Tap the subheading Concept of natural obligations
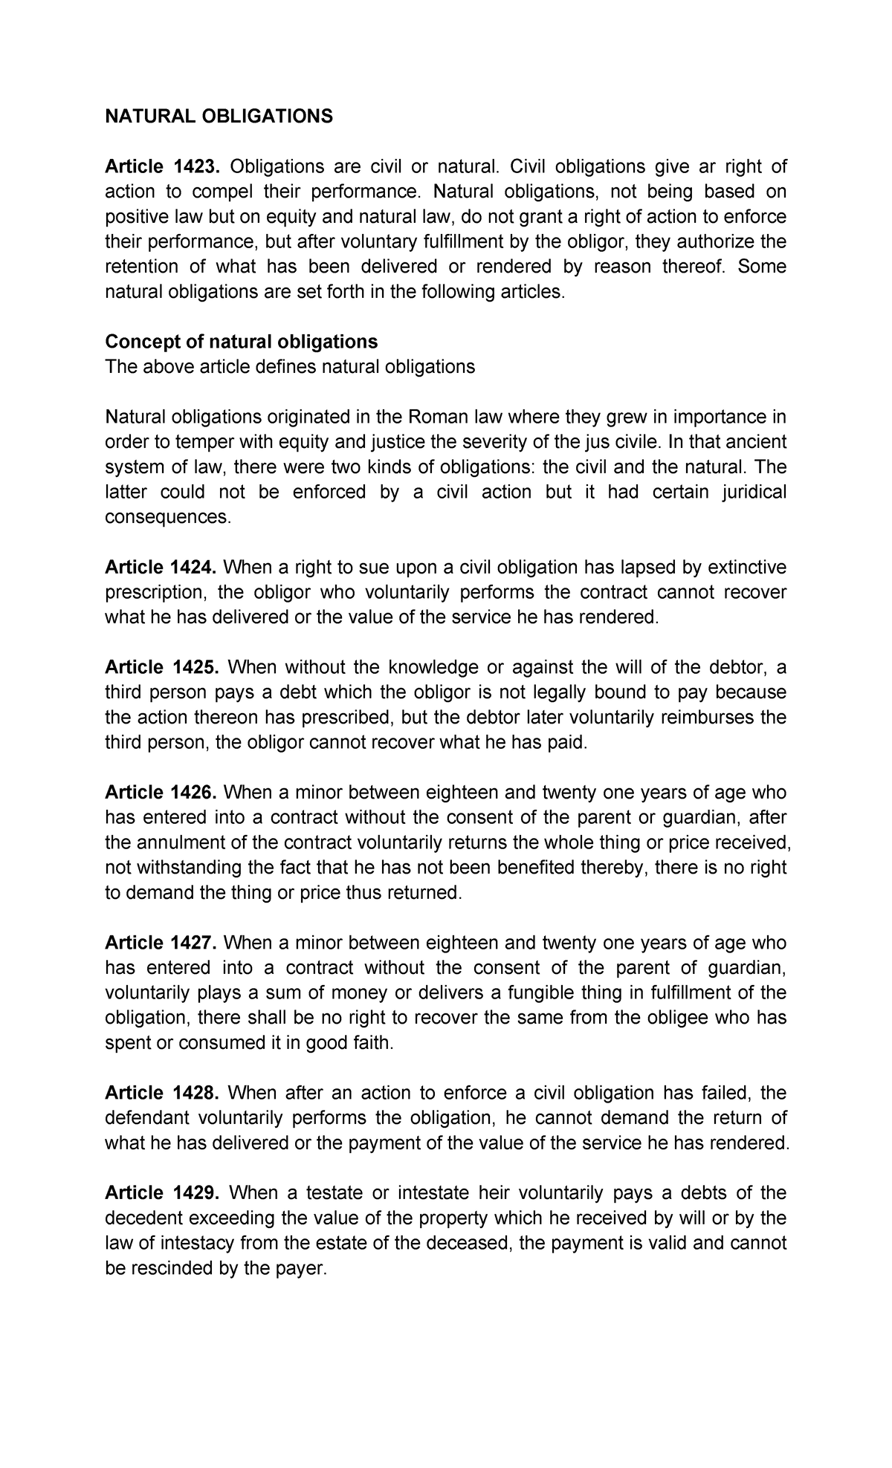242,341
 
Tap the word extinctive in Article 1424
748,568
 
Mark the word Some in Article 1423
762,267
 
